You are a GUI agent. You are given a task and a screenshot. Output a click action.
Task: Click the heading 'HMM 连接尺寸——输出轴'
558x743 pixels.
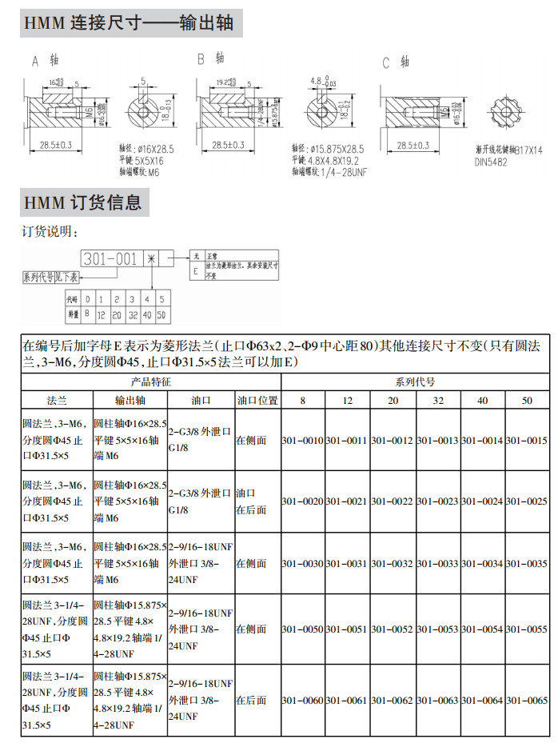pyautogui.click(x=128, y=23)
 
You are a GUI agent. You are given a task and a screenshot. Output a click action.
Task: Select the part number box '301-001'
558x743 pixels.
pyautogui.click(x=110, y=259)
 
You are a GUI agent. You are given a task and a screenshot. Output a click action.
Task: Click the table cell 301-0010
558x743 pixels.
pyautogui.click(x=302, y=441)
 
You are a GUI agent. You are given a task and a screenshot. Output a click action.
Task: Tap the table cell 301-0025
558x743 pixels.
pyautogui.click(x=526, y=501)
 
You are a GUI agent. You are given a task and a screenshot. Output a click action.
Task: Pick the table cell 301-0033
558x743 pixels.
pyautogui.click(x=437, y=564)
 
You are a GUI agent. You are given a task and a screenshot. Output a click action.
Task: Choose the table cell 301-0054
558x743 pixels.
pyautogui.click(x=482, y=630)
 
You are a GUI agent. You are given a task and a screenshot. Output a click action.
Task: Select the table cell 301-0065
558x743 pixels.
pyautogui.click(x=526, y=701)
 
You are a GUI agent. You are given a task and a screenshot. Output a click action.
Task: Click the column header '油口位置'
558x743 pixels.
pyautogui.click(x=257, y=400)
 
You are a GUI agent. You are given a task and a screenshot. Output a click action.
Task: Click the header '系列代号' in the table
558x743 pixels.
pyautogui.click(x=415, y=381)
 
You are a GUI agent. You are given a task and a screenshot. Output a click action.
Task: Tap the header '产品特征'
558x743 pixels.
pyautogui.click(x=151, y=381)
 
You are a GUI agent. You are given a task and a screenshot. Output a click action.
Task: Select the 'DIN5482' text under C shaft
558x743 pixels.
pyautogui.click(x=493, y=162)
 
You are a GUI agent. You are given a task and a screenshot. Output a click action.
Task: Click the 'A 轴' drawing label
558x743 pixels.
pyautogui.click(x=45, y=60)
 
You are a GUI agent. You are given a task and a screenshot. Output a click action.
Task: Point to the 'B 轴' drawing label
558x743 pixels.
pyautogui.click(x=210, y=59)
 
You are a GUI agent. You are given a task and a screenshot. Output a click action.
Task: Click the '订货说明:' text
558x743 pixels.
pyautogui.click(x=50, y=232)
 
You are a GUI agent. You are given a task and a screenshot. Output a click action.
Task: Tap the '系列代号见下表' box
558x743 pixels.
pyautogui.click(x=50, y=277)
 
